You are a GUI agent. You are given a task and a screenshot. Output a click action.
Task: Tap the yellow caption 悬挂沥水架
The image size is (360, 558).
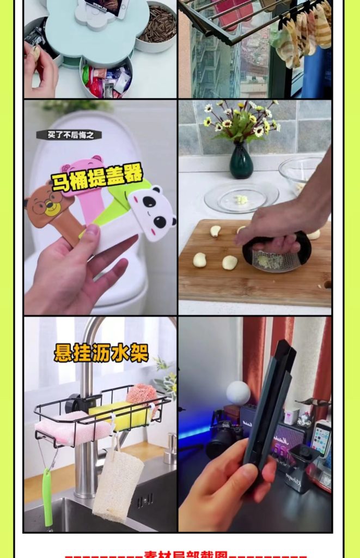point(101,352)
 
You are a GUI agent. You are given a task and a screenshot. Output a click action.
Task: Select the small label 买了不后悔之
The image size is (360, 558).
point(61,134)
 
